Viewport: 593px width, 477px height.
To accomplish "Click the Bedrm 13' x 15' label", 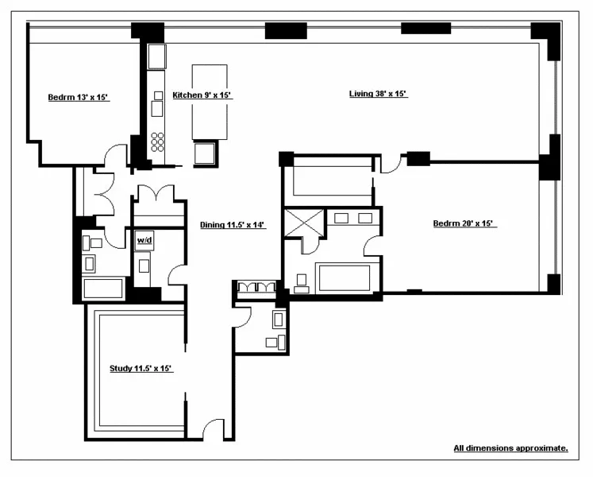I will (x=78, y=98).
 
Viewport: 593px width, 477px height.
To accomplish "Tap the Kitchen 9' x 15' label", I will (x=202, y=95).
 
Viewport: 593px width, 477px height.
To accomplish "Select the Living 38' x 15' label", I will (x=378, y=94).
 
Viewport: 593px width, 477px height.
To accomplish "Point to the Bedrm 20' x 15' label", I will (x=464, y=223).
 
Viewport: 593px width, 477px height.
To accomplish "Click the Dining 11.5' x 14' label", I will (x=232, y=225).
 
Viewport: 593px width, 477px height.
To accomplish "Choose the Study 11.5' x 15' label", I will (x=141, y=368).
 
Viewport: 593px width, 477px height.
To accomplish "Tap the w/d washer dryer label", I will (x=144, y=239).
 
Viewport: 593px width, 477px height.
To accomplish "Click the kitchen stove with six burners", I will (x=157, y=142).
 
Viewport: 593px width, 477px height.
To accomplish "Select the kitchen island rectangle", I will (x=210, y=102).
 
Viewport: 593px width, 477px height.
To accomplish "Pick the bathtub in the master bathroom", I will (x=344, y=278).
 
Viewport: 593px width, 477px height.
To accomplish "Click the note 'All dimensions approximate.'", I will (x=510, y=448).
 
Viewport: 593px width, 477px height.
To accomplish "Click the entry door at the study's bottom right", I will (x=212, y=428).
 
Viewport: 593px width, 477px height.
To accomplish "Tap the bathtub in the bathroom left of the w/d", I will (x=102, y=288).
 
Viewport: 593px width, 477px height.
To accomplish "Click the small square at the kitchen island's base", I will (x=205, y=153).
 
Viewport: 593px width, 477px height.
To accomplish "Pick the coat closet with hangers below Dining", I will (x=256, y=287).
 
